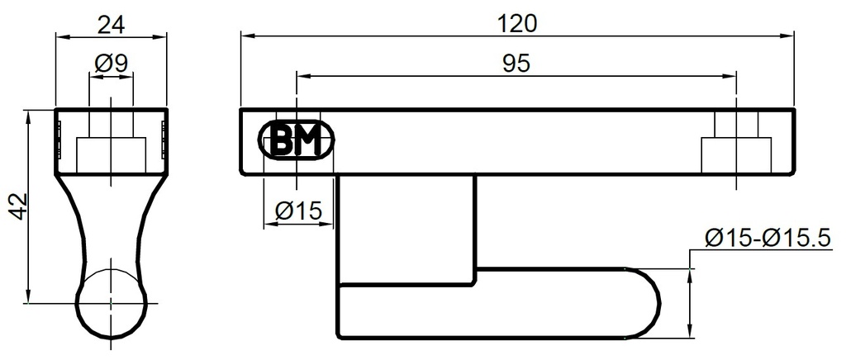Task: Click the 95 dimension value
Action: (516, 64)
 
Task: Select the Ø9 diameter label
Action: (111, 63)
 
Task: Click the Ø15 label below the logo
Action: (296, 211)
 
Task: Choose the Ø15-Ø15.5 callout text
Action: (767, 239)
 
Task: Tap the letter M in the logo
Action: (307, 141)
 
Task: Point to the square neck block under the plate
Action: (406, 223)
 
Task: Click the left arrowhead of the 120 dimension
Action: (245, 35)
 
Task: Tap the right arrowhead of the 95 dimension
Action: (730, 76)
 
